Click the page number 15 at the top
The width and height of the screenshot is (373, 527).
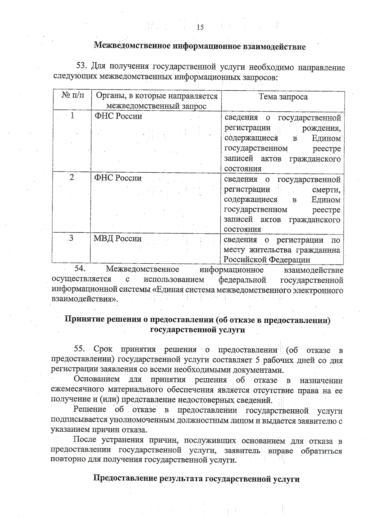pyautogui.click(x=200, y=27)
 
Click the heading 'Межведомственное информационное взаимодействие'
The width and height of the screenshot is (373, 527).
pyautogui.click(x=200, y=47)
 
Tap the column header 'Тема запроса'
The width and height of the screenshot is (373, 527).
pyautogui.click(x=283, y=97)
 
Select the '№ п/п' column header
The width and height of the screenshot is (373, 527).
pyautogui.click(x=72, y=95)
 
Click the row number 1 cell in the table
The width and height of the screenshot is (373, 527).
pyautogui.click(x=72, y=116)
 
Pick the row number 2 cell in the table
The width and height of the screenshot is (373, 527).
pyautogui.click(x=72, y=177)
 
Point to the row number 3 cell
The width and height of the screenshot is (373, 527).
pyautogui.click(x=71, y=238)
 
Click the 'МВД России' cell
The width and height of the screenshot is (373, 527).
pyautogui.click(x=117, y=239)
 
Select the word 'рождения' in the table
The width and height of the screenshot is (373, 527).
pyautogui.click(x=321, y=128)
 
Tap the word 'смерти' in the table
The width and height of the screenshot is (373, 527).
pyautogui.click(x=326, y=189)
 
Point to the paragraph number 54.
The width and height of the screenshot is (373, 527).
pyautogui.click(x=80, y=268)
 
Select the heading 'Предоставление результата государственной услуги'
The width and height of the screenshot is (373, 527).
pyautogui.click(x=196, y=479)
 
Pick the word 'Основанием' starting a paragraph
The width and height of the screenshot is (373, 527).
pyautogui.click(x=97, y=379)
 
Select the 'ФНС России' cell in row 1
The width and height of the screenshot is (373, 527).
pyautogui.click(x=118, y=116)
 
